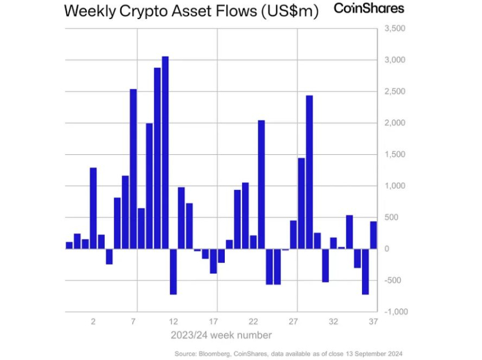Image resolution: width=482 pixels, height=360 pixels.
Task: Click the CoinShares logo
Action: click(368, 9)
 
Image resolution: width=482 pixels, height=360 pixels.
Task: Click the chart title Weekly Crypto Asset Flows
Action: click(191, 12)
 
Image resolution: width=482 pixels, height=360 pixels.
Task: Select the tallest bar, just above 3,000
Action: click(165, 153)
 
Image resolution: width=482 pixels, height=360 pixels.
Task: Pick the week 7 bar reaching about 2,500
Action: click(133, 169)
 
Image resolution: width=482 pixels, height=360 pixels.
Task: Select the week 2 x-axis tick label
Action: click(93, 322)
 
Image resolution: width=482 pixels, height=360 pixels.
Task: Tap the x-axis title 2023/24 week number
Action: click(221, 335)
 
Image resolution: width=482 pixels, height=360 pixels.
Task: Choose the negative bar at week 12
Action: click(173, 271)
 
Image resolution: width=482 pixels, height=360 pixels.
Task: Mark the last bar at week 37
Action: click(373, 235)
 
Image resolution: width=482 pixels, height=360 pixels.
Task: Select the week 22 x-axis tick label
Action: click(253, 322)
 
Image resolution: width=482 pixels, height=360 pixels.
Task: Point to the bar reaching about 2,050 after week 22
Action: click(261, 184)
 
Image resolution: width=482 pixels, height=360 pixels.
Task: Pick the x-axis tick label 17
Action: click(213, 322)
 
